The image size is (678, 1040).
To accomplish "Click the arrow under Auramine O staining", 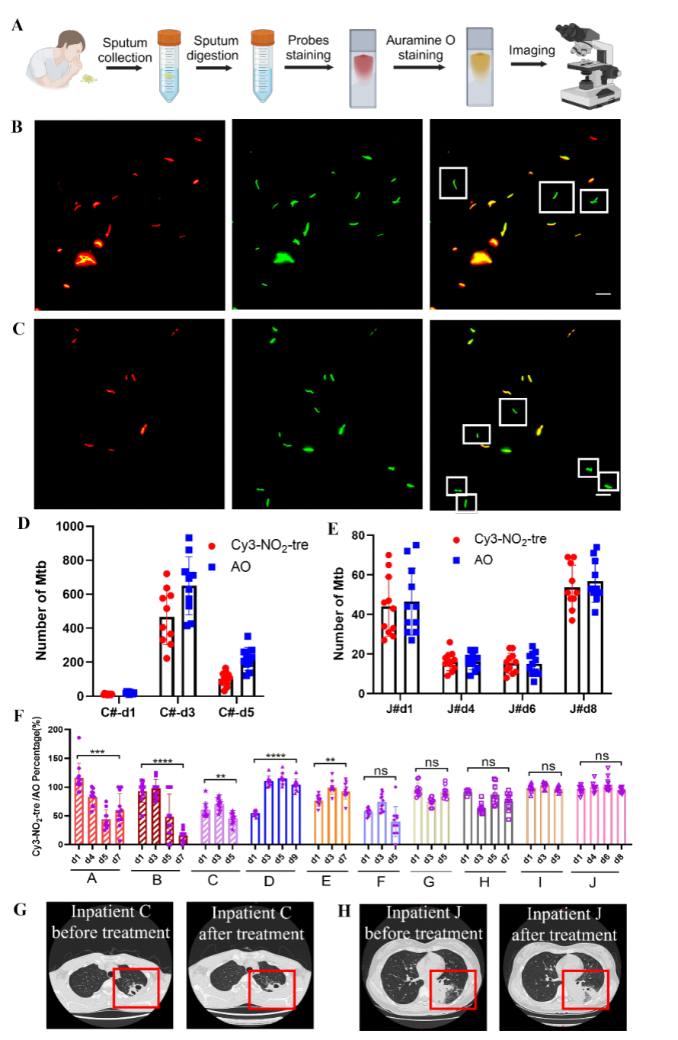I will [x=425, y=67].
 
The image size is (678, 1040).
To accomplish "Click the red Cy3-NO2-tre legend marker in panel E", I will [x=456, y=538].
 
